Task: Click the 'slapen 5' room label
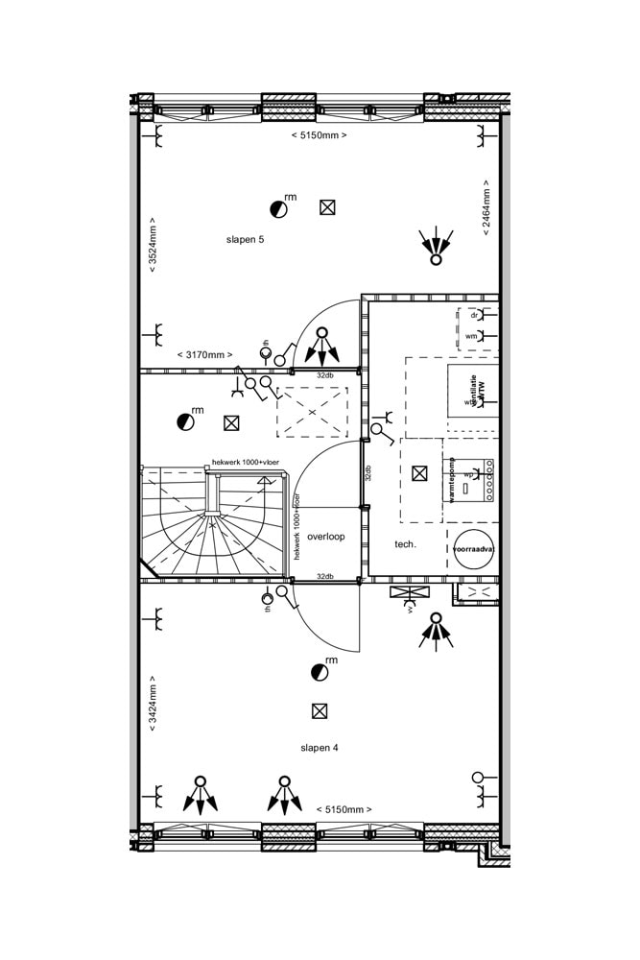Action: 245,239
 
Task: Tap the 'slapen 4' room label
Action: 319,747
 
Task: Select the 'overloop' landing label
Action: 326,537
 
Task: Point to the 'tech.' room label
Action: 405,544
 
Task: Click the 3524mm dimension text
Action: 153,249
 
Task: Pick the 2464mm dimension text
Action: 486,208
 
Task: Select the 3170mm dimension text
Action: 204,354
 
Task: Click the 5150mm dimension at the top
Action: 319,135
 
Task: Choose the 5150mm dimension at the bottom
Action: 344,809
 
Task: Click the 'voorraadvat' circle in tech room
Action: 473,548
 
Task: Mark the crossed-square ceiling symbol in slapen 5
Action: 327,207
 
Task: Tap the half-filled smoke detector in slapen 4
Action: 319,673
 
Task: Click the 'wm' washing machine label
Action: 471,337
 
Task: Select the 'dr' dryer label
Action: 473,315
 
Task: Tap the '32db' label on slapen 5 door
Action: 325,374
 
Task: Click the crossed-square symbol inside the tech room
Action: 418,472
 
